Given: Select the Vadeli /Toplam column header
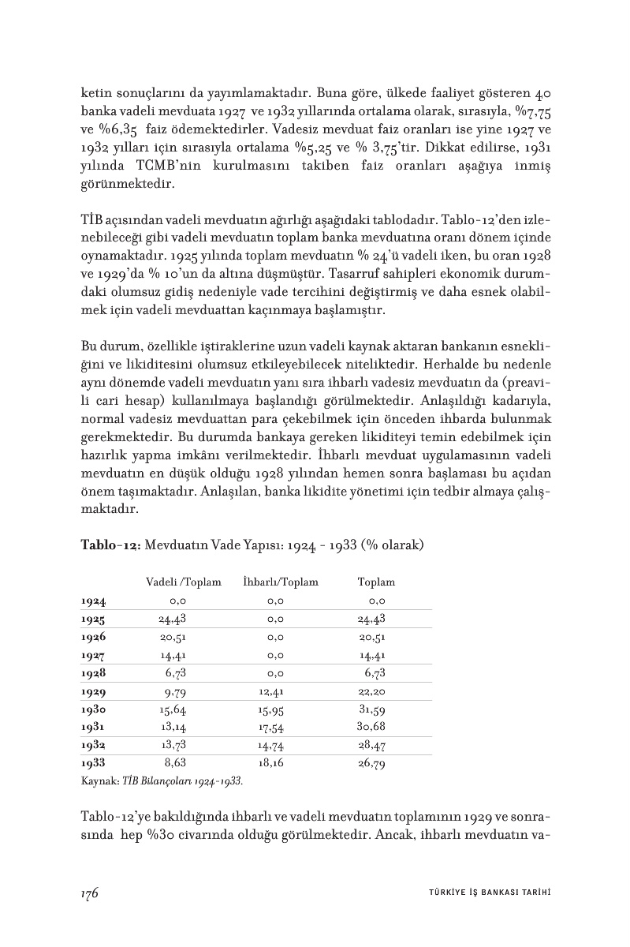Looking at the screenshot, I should [184, 582].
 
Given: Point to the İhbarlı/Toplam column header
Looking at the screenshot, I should [281, 582].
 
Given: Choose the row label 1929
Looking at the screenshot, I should [93, 692].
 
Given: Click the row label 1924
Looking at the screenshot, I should [93, 601].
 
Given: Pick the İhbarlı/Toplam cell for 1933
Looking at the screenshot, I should [271, 763].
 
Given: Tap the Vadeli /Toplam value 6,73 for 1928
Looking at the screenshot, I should [175, 673].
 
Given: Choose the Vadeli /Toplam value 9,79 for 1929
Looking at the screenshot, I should [175, 692].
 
